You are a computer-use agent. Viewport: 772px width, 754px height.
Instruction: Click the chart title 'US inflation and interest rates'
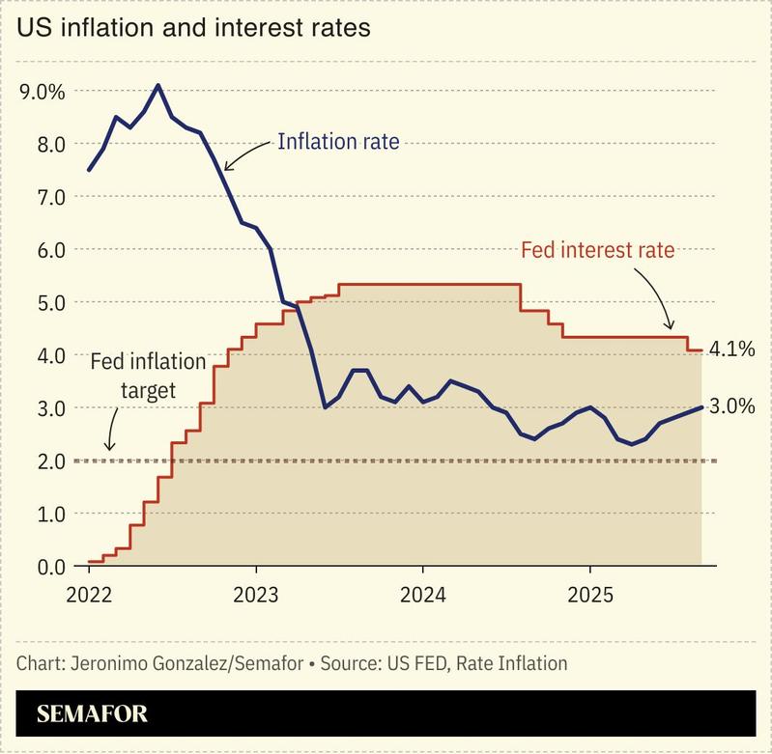coord(193,28)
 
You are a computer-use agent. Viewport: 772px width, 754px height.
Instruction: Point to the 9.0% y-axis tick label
coord(42,92)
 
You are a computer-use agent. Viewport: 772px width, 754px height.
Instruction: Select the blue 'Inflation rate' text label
coord(338,142)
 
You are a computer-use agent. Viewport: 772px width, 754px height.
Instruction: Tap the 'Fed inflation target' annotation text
coord(147,376)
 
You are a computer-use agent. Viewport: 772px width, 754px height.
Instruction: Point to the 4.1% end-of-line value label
coord(731,349)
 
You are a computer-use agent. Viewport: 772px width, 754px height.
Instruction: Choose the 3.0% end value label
coord(731,407)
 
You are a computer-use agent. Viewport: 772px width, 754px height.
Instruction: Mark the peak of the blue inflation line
coord(158,85)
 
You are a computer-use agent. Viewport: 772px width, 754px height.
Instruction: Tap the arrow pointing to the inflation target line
coord(111,428)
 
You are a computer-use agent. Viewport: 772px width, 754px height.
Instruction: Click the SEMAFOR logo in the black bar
coord(93,714)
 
